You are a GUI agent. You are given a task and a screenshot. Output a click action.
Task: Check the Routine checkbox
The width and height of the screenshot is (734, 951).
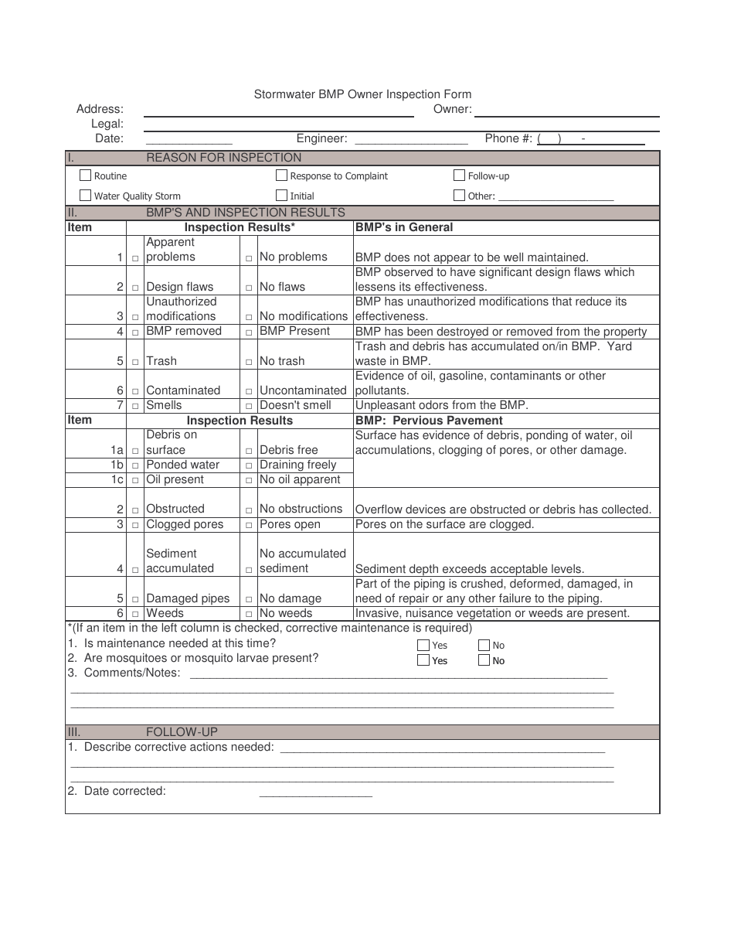click(86, 176)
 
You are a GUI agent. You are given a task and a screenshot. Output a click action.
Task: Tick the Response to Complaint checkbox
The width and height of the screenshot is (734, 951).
click(281, 176)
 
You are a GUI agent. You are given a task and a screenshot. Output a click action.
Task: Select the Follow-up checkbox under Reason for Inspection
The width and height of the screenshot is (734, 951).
click(459, 176)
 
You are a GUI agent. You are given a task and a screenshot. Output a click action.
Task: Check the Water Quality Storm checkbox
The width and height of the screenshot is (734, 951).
click(86, 196)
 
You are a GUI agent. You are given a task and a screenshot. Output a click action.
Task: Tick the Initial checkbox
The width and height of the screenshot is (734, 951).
click(281, 196)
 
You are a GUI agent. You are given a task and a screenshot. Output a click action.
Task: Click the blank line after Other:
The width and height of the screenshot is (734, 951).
click(556, 197)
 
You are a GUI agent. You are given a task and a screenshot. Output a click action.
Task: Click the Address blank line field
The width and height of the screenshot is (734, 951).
click(278, 112)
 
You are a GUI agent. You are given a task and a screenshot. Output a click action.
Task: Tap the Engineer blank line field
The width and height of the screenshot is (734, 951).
click(411, 141)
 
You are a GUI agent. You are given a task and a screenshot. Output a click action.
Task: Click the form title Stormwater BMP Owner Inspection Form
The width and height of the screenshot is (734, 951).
click(362, 94)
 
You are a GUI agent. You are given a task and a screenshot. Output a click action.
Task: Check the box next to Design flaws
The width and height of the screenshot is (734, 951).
click(135, 288)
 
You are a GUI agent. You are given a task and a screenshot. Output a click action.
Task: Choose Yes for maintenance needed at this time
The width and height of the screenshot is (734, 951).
click(423, 645)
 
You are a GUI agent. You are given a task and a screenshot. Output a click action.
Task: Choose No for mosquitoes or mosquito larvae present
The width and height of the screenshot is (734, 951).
click(484, 660)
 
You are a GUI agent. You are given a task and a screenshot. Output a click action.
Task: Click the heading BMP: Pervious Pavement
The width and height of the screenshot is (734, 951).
click(429, 421)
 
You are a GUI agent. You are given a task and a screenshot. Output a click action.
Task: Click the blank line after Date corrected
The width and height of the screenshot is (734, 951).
click(315, 792)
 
